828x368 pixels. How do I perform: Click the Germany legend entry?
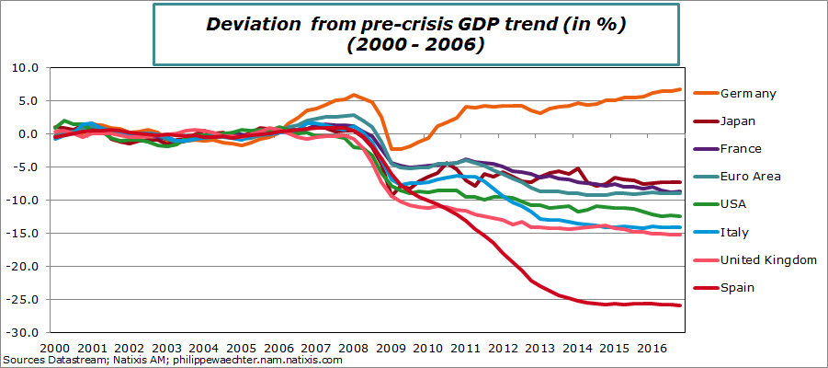tap(749, 93)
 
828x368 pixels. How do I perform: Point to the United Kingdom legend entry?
tap(769, 259)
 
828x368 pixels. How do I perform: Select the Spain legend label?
tap(738, 287)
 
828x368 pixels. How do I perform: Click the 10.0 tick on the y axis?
tap(24, 67)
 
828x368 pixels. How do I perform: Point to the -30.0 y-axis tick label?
tap(21, 332)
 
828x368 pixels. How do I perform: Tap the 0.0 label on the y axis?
tap(27, 133)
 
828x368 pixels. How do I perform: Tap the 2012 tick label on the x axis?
tap(502, 349)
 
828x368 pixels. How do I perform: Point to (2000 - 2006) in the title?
tap(415, 45)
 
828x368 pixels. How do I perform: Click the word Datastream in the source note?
tap(77, 361)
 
